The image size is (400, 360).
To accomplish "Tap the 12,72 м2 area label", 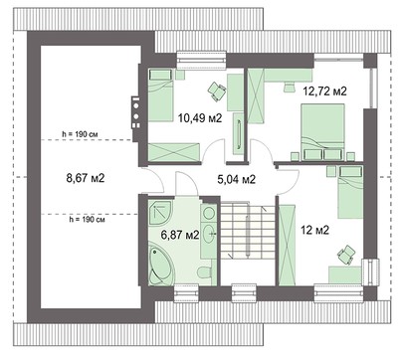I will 325,91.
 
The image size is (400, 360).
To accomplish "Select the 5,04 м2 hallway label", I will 237,180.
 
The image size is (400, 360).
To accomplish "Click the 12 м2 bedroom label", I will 314,230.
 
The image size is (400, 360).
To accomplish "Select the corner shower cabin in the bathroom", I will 159,214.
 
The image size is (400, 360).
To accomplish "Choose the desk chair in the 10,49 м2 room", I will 215,90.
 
